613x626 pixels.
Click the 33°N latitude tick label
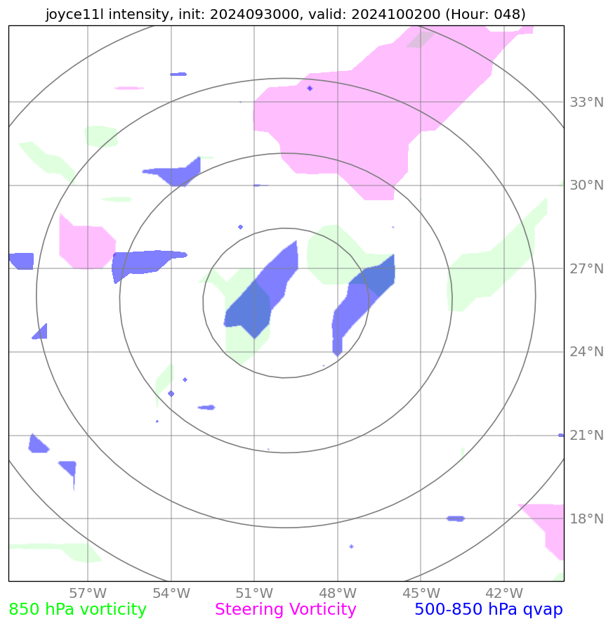coord(586,103)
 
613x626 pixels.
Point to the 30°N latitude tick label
coord(586,185)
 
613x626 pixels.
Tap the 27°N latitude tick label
coord(586,269)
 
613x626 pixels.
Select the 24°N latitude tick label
coord(586,352)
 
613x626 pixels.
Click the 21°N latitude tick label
coord(586,436)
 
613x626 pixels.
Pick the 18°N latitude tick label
coord(586,519)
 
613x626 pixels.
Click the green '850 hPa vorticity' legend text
coord(77,610)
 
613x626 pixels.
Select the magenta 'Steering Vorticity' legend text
coord(285,610)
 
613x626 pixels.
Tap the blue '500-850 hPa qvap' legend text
coord(488,610)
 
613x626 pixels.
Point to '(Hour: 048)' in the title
coord(485,14)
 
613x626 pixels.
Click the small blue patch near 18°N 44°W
coord(456,519)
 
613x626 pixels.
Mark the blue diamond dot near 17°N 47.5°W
coord(351,546)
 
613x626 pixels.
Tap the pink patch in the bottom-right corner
coord(551,527)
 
